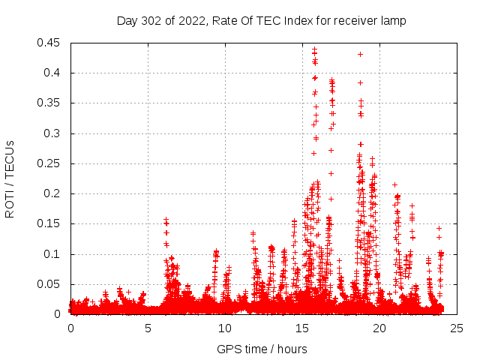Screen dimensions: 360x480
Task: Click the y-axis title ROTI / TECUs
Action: point(10,178)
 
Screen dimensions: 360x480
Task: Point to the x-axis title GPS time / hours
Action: point(262,349)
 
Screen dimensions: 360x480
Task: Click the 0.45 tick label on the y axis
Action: point(52,43)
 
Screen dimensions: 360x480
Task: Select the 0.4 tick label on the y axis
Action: point(55,73)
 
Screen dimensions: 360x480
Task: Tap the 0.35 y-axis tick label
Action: point(52,103)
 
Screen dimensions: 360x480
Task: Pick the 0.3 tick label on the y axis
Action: point(55,133)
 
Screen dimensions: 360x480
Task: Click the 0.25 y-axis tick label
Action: point(52,163)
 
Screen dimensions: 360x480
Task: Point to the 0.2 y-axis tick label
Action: point(55,193)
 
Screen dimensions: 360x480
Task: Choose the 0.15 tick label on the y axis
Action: point(52,223)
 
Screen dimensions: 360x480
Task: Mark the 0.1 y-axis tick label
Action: point(55,254)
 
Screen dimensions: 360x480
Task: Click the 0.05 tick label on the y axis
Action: point(52,284)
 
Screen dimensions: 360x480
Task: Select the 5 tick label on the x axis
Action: point(148,328)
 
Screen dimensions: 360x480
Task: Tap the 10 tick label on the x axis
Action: point(225,328)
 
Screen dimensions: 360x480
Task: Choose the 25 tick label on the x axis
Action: point(457,328)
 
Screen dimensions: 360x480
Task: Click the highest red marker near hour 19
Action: point(361,54)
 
